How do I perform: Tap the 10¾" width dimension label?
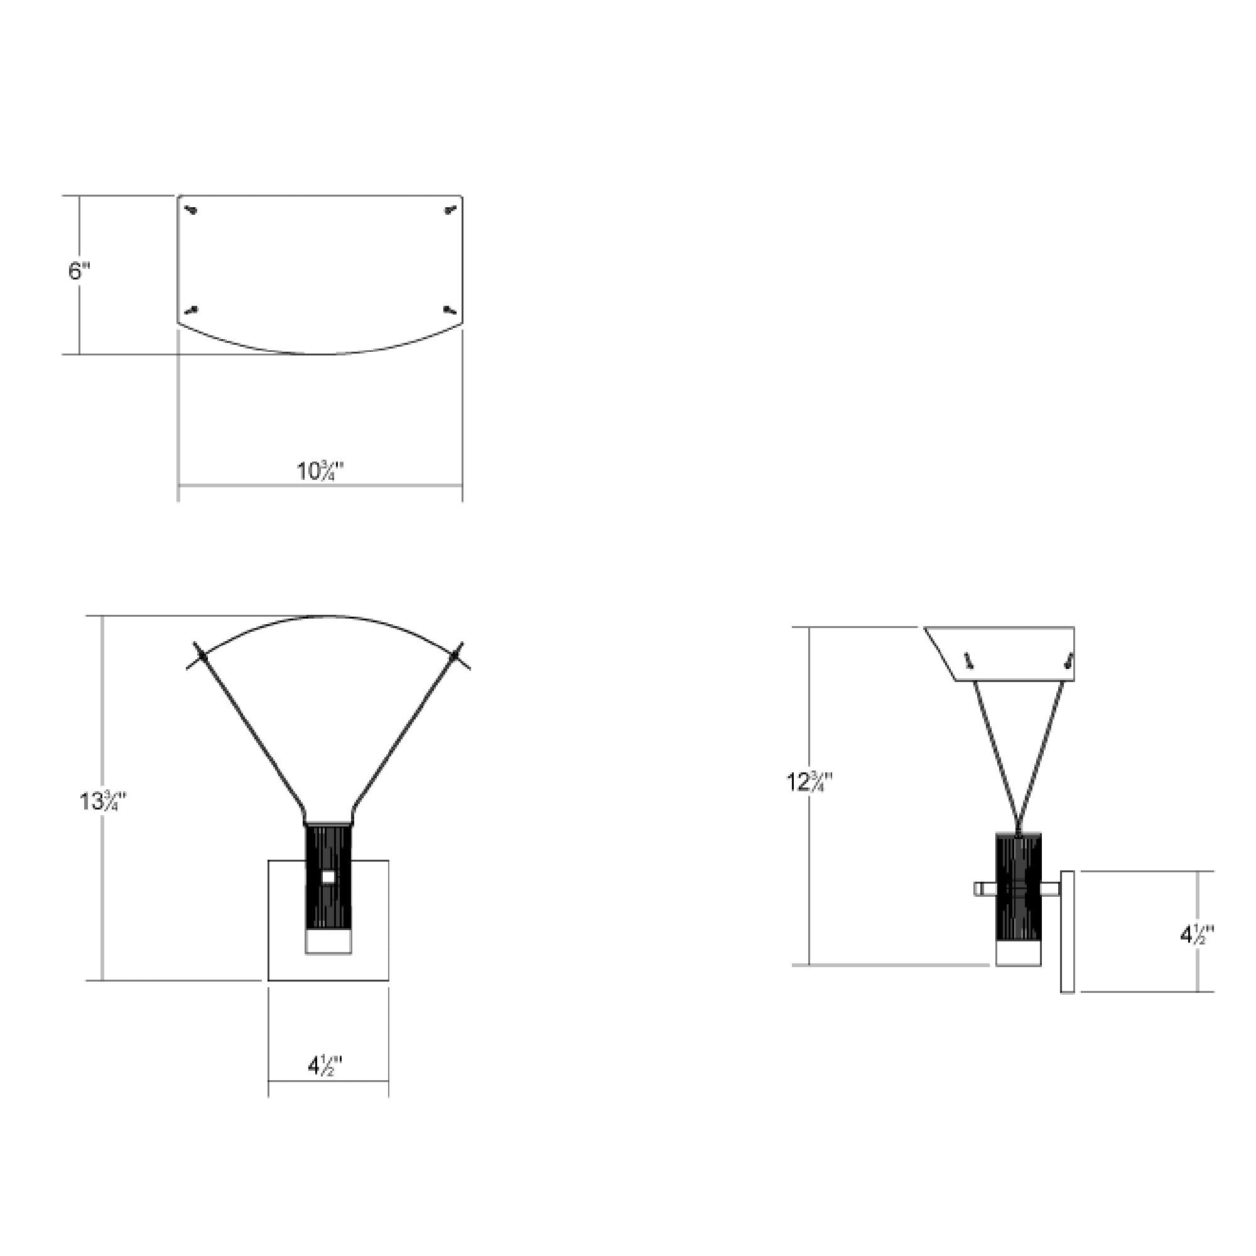click(320, 470)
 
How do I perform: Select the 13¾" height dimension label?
click(103, 801)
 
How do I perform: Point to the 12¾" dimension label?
click(810, 781)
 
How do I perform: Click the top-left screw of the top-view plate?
click(191, 210)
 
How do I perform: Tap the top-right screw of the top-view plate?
click(450, 210)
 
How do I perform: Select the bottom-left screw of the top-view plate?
click(191, 310)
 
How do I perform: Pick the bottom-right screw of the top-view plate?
click(450, 310)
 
